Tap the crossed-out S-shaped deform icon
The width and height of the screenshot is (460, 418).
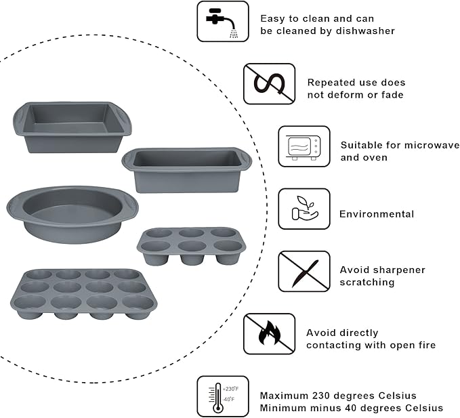pyautogui.click(x=269, y=84)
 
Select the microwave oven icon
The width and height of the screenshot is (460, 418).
pyautogui.click(x=304, y=146)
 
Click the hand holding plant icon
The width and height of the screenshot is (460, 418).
pyautogui.click(x=304, y=209)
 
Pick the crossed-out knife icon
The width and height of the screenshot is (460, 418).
pyautogui.click(x=304, y=271)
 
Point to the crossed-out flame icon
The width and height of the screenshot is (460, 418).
pyautogui.click(x=269, y=333)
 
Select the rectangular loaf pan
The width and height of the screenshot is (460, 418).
pyautogui.click(x=186, y=170)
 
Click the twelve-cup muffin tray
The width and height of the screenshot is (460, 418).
pyautogui.click(x=82, y=293)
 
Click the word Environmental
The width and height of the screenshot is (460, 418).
pyautogui.click(x=376, y=214)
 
